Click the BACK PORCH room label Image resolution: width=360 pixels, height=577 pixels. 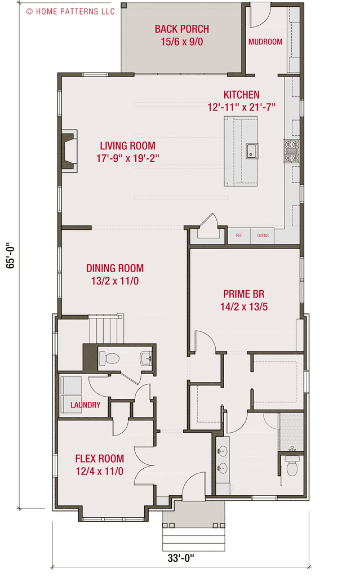point(181,29)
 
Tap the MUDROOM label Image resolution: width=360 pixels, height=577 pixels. point(265,42)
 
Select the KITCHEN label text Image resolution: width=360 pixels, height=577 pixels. point(241,95)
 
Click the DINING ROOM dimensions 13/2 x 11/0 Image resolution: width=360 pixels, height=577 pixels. point(114,281)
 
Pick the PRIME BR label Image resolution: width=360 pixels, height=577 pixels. point(243,294)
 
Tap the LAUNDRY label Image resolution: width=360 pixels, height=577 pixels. point(86,405)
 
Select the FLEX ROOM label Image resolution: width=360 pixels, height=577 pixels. point(99,459)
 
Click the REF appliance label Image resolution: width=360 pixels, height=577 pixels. point(239,236)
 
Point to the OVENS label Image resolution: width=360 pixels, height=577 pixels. point(263,236)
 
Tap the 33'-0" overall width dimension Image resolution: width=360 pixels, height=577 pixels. point(180,558)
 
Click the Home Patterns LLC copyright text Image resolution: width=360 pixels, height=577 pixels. point(70,11)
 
